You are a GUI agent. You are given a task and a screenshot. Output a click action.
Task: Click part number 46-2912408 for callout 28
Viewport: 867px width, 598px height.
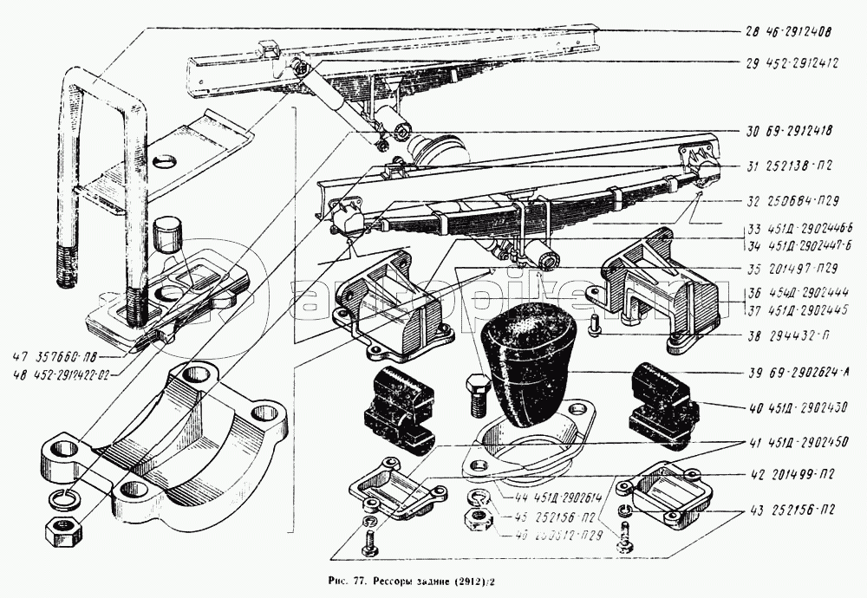point(798,32)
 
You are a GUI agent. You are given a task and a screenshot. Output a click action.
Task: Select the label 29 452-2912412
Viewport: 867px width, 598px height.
point(790,62)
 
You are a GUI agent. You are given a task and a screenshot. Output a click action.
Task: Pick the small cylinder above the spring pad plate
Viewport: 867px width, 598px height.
point(168,237)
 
